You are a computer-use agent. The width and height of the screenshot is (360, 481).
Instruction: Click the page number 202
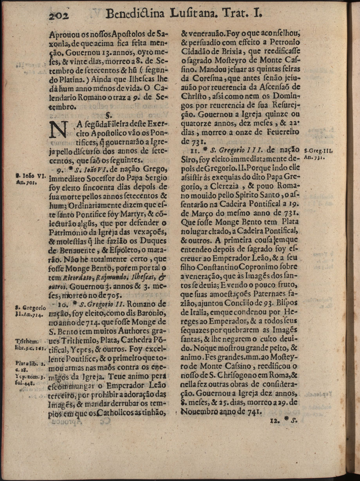tap(59, 15)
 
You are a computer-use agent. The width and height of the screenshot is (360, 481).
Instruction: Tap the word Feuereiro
tap(283, 132)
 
